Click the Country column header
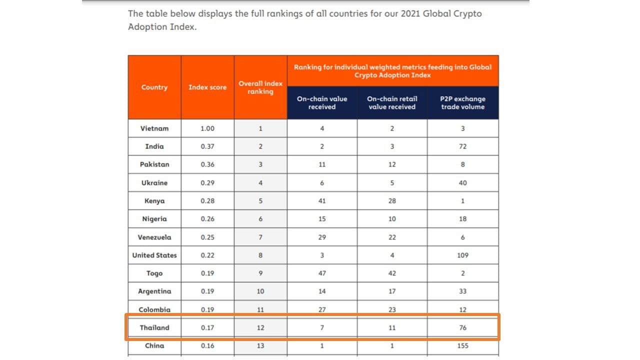point(154,87)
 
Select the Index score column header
point(207,87)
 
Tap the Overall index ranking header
point(260,87)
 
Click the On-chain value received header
point(322,102)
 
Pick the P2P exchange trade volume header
point(462,102)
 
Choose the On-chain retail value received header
point(392,102)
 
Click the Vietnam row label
point(154,128)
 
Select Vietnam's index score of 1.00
point(207,128)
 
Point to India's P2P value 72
point(462,146)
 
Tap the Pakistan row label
point(154,164)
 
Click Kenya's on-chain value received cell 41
point(322,201)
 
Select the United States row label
point(154,255)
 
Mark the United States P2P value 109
point(462,255)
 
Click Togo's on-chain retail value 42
point(392,273)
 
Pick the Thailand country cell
point(154,328)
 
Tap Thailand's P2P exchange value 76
point(462,328)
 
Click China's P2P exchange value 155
point(462,345)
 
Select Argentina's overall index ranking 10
point(260,291)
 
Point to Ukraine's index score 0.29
point(207,183)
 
